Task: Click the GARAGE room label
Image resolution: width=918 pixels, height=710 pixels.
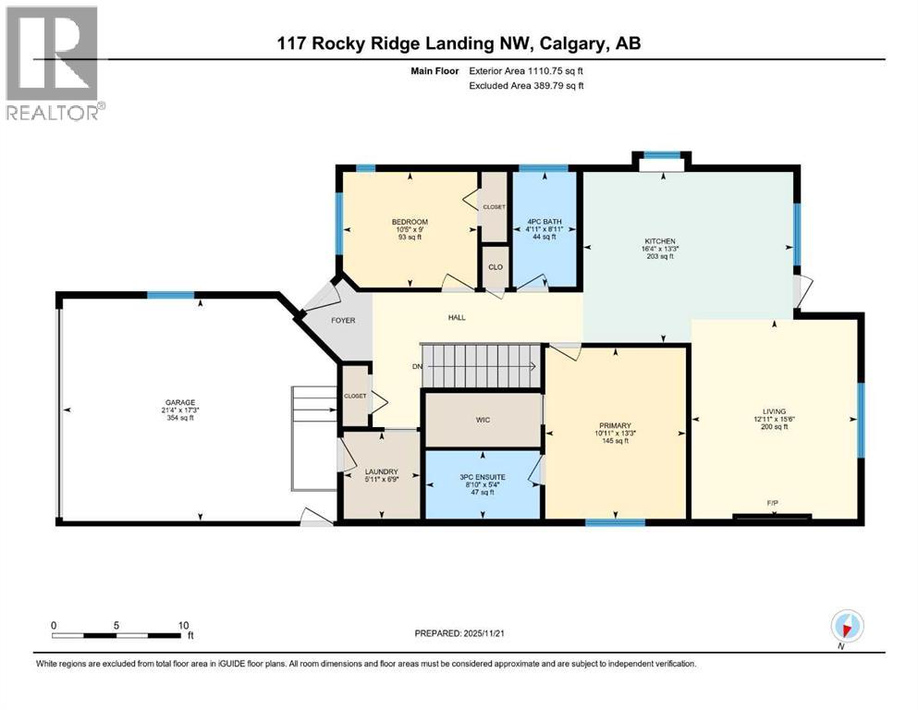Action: coord(180,402)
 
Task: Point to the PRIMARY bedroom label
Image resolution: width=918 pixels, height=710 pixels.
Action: coord(614,425)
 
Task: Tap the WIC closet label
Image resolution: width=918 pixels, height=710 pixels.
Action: coord(483,420)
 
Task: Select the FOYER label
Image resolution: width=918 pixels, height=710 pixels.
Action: coord(343,320)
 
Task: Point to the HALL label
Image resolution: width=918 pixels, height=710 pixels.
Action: coord(457,317)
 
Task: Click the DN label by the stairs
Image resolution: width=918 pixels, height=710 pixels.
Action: coord(418,366)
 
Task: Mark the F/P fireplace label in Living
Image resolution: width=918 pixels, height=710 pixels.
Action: coord(772,503)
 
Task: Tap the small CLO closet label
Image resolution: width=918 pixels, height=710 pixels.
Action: coord(496,267)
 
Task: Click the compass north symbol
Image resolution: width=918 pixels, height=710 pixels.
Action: coord(846,626)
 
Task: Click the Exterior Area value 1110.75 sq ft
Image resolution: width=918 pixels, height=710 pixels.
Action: coord(546,70)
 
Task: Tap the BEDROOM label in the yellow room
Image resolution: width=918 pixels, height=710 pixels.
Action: coord(409,222)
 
